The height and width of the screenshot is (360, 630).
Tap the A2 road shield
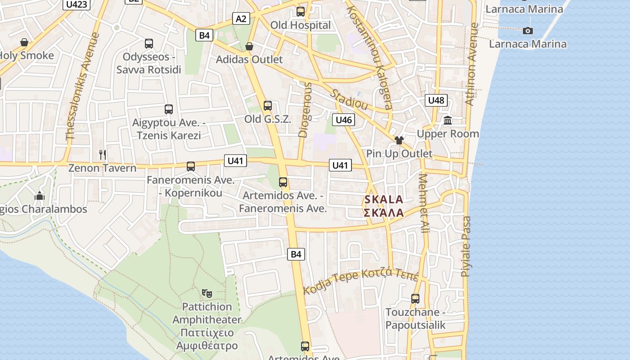tap(241, 18)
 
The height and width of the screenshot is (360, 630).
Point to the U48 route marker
tap(436, 100)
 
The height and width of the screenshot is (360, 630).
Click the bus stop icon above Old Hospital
tap(301, 12)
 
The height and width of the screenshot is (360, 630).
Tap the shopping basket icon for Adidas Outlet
tap(249, 46)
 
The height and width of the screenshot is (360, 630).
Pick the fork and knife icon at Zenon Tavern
tap(103, 155)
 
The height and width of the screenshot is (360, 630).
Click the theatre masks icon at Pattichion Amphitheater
tap(207, 293)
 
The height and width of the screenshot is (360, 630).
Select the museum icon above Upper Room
tap(448, 120)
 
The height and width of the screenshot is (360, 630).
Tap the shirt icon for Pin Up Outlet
tap(399, 140)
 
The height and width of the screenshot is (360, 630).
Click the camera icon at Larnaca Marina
tap(527, 31)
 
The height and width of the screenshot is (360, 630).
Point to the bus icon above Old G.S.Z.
tap(268, 106)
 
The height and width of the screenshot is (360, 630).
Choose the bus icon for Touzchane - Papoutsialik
tap(415, 298)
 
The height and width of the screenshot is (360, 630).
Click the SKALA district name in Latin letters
tap(383, 199)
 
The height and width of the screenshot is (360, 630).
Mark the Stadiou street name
tap(349, 100)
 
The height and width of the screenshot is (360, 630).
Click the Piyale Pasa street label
tap(466, 247)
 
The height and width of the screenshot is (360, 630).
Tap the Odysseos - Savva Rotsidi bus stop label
tap(149, 63)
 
